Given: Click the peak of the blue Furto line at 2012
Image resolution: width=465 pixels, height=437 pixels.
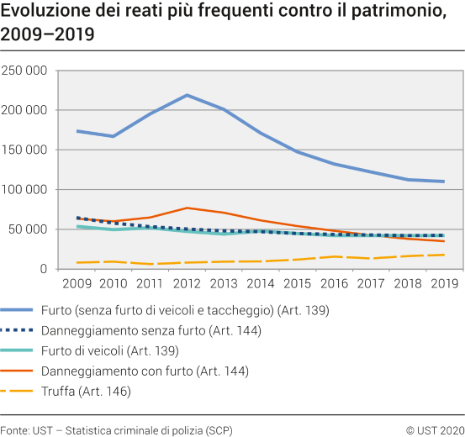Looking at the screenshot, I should point(187,95).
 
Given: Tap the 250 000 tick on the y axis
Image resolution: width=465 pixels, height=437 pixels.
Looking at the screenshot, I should point(24,71).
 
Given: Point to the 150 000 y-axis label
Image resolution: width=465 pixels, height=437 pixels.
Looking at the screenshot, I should point(24,150).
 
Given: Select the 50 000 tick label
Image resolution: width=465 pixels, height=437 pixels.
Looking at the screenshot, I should point(27,229).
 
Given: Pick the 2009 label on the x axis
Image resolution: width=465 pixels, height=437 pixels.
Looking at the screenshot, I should point(77,286).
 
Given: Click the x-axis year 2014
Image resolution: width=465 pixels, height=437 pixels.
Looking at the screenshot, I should point(260,286).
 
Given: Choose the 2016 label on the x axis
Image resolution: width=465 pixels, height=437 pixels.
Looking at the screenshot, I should point(333,286).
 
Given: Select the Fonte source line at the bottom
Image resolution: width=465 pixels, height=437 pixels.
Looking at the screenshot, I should point(116,429).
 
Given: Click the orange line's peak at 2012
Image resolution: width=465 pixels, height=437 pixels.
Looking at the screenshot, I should point(187,208).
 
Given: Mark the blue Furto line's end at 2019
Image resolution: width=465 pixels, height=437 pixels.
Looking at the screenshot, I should point(442,182).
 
